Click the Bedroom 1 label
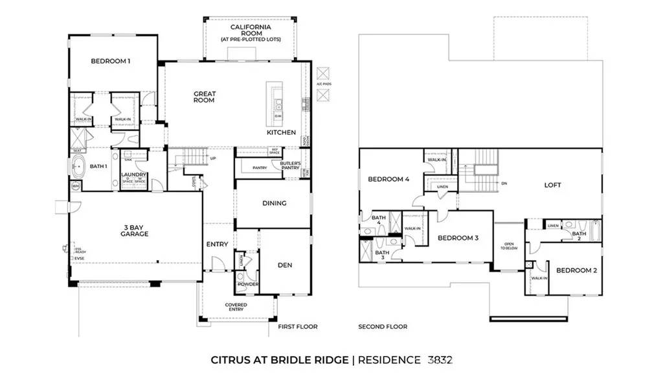[111, 61]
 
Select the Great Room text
[205, 97]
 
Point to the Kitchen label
[281, 132]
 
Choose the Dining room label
[274, 203]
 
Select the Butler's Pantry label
[291, 165]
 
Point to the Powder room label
[248, 284]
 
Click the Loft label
[552, 185]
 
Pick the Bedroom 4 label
[388, 180]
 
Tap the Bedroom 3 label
[458, 238]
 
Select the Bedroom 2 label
[576, 270]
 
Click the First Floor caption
[298, 326]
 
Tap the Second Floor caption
[383, 326]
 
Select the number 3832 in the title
[442, 359]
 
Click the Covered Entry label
[236, 307]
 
